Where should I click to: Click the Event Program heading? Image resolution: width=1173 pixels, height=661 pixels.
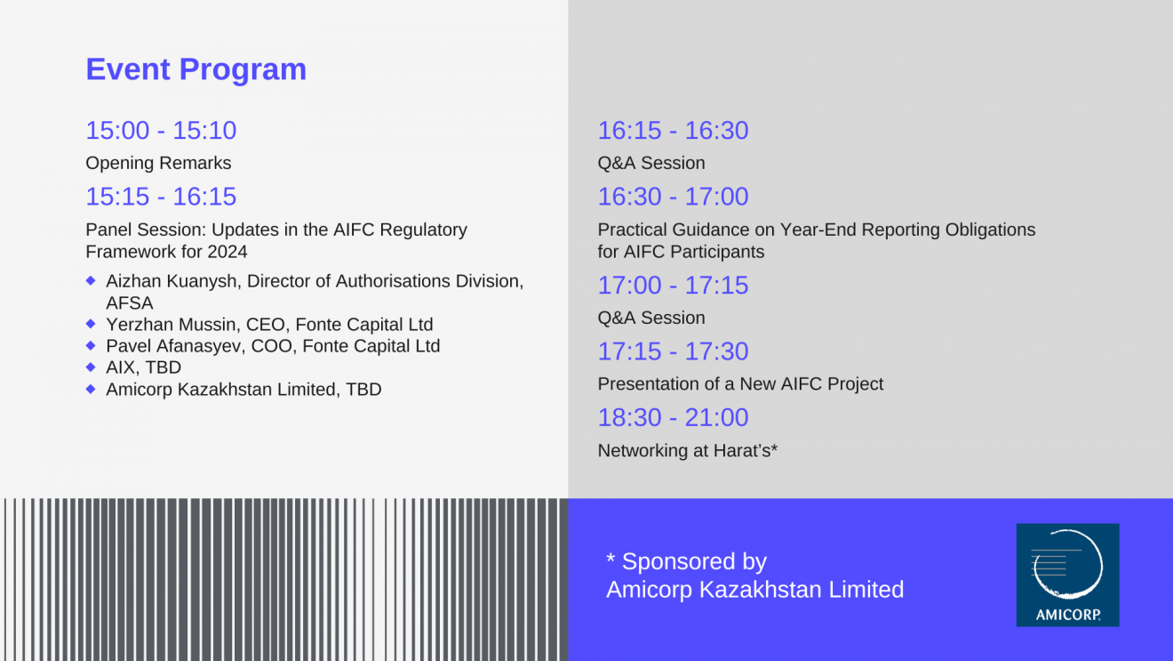tap(195, 69)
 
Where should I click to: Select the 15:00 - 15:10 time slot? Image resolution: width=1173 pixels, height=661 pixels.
tap(161, 130)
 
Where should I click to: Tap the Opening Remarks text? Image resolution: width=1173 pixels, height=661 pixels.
tap(158, 163)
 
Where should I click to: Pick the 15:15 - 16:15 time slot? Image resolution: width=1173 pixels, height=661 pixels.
tap(161, 197)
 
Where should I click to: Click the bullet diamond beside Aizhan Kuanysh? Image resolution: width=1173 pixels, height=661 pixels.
tap(91, 281)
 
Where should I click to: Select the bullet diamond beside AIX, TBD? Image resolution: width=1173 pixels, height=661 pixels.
tap(91, 367)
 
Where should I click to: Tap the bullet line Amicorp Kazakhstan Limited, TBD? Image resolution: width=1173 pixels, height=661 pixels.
tap(243, 390)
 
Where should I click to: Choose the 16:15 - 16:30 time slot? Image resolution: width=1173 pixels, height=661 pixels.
tap(673, 130)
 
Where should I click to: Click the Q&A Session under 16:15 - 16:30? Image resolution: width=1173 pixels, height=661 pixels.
tap(651, 163)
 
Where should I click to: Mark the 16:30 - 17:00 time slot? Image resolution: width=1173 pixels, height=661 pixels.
tap(673, 197)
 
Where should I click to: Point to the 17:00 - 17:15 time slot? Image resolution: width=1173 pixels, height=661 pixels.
tap(673, 286)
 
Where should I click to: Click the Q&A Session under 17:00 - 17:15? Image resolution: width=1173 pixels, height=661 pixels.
tap(651, 318)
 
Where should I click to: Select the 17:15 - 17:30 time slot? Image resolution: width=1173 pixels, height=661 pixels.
tap(673, 351)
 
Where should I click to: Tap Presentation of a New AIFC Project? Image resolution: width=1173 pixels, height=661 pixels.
tap(740, 384)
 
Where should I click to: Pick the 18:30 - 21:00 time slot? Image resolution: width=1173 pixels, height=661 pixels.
tap(673, 418)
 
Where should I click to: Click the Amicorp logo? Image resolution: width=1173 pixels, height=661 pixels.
tap(1068, 575)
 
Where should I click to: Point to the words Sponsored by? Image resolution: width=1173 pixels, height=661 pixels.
tap(694, 562)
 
